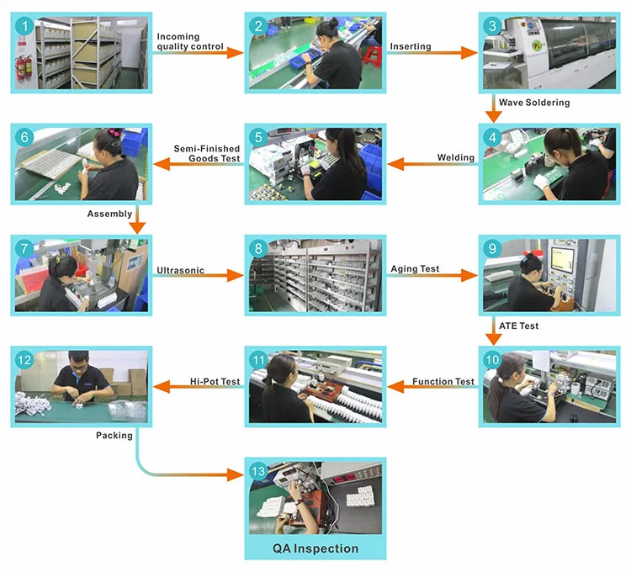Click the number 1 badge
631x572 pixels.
(26, 27)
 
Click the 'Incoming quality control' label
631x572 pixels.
(190, 41)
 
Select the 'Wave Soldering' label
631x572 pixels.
(534, 103)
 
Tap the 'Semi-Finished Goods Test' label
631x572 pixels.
(207, 153)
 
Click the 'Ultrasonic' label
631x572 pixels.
(180, 271)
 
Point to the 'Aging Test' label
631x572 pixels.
(415, 269)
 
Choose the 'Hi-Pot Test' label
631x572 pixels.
(215, 381)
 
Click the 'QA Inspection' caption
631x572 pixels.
(315, 548)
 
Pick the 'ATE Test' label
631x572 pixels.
(518, 326)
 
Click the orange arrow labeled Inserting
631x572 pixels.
(432, 52)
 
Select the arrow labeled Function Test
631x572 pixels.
(432, 389)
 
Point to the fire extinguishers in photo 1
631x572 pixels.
(24, 71)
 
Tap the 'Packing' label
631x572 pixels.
(114, 436)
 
